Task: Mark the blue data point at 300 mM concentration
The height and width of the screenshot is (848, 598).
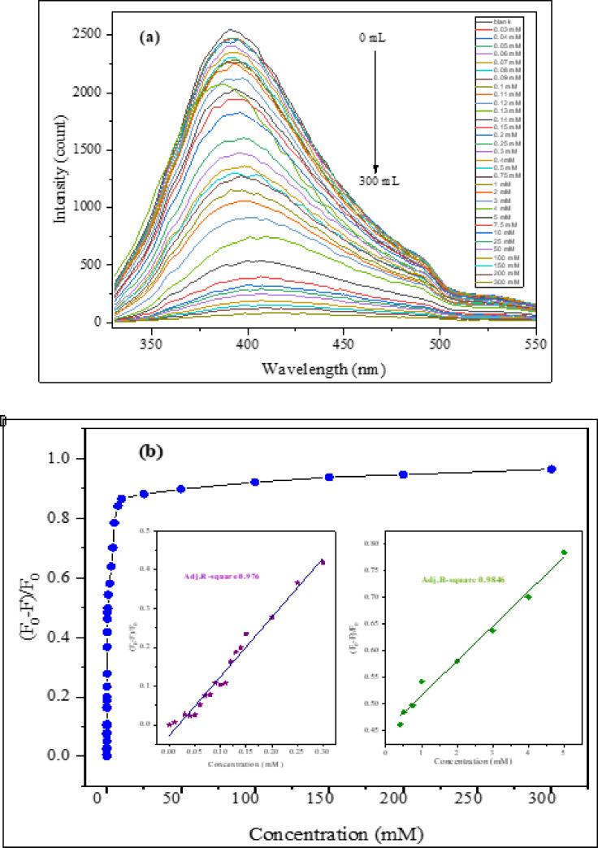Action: (552, 469)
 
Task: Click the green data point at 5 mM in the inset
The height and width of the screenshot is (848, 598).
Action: (564, 552)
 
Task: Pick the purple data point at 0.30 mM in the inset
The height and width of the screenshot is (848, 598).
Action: (322, 562)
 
